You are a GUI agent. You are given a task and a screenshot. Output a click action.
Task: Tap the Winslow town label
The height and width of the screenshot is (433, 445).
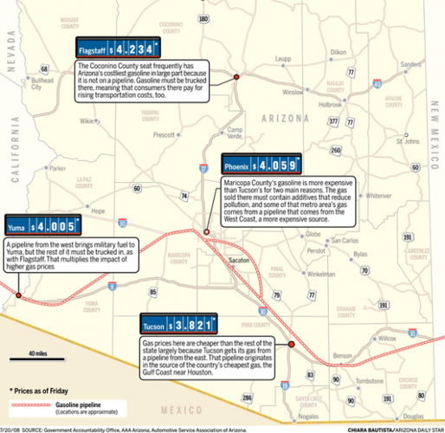294,91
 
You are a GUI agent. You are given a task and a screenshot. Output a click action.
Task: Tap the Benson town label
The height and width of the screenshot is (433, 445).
343,356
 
